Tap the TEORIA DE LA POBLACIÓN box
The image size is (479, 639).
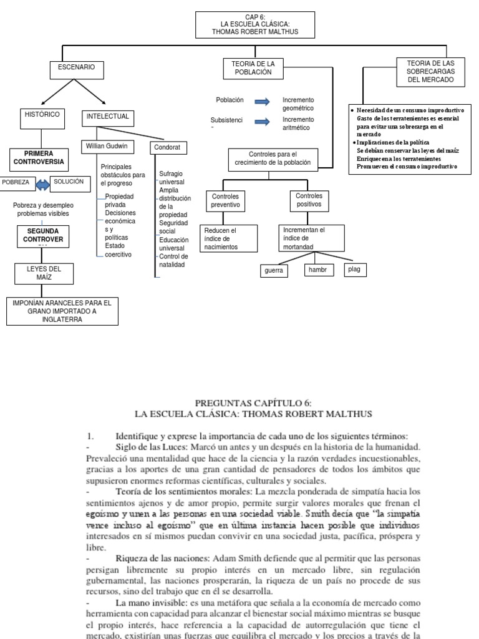(x=253, y=69)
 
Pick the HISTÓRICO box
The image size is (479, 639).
(x=42, y=117)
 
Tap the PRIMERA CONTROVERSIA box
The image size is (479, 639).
(x=39, y=158)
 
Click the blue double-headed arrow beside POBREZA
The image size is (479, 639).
(x=41, y=185)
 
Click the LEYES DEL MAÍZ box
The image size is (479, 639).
(x=44, y=273)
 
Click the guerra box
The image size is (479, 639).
(x=274, y=270)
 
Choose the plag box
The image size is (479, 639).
(x=355, y=270)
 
